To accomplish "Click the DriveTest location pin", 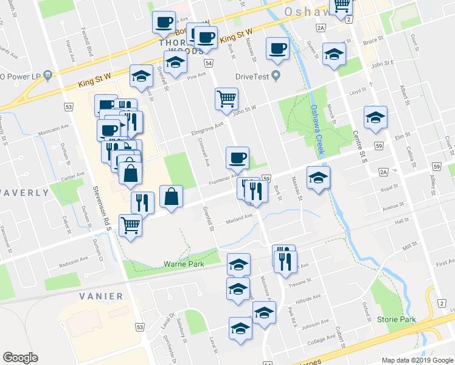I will pos(276,77).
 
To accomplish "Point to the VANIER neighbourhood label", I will pos(100,296).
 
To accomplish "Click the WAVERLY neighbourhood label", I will pos(24,193).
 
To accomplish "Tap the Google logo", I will pos(20,358).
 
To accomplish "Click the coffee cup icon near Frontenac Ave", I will pos(237,157).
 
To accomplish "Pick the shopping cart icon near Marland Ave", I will pos(131,224).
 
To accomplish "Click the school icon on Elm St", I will pos(375,116).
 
